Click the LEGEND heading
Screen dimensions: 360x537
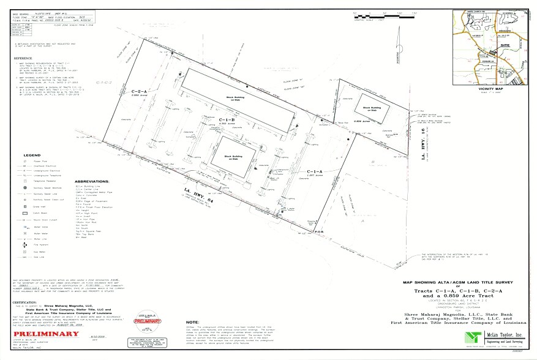pos(32,156)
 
